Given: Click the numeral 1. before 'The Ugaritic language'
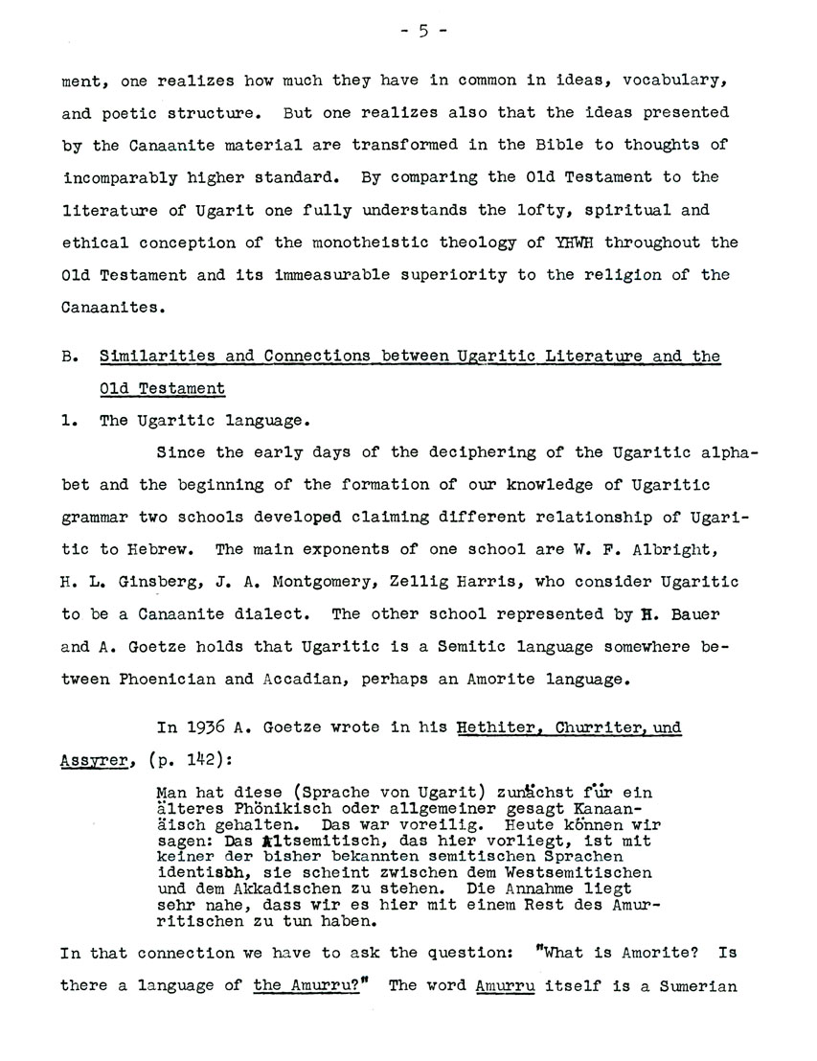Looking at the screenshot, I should tap(68, 420).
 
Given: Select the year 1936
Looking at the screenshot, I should tap(205, 727).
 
